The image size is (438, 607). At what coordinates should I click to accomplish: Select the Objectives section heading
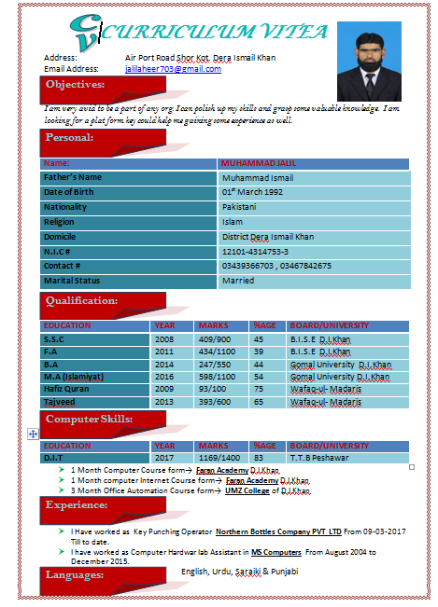pos(89,85)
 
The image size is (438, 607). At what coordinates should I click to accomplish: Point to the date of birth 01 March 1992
pos(251,192)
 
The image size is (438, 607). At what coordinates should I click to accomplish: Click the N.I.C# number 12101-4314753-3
pos(255,252)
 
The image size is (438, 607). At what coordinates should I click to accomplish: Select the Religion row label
pos(59,222)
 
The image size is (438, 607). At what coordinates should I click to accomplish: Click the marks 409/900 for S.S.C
pos(214,340)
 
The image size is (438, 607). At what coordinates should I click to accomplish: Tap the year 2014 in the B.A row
pos(164,365)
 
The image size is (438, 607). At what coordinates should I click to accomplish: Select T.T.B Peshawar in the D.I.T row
pos(319,459)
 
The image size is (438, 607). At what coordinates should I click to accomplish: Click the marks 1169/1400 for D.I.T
pos(219,459)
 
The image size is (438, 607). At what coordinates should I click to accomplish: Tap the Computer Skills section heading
pos(90,420)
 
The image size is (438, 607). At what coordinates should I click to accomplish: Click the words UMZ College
pos(247,490)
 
